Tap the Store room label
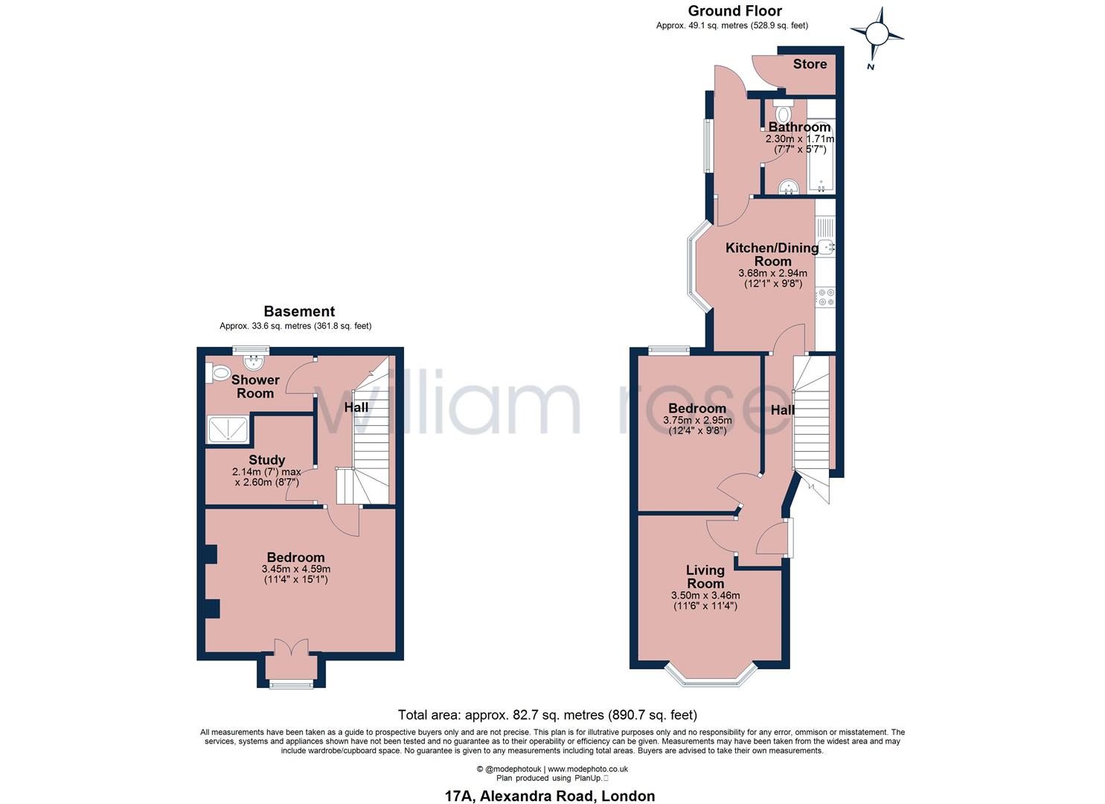tap(810, 64)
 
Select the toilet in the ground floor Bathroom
tap(782, 114)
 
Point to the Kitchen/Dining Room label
tap(772, 255)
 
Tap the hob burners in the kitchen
tap(825, 298)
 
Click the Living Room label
tap(705, 576)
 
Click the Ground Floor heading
tap(734, 10)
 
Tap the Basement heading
tap(299, 311)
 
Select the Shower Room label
tap(255, 386)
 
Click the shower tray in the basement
tap(228, 430)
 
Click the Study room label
tap(266, 460)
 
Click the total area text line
tap(547, 715)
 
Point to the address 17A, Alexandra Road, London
tap(549, 796)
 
